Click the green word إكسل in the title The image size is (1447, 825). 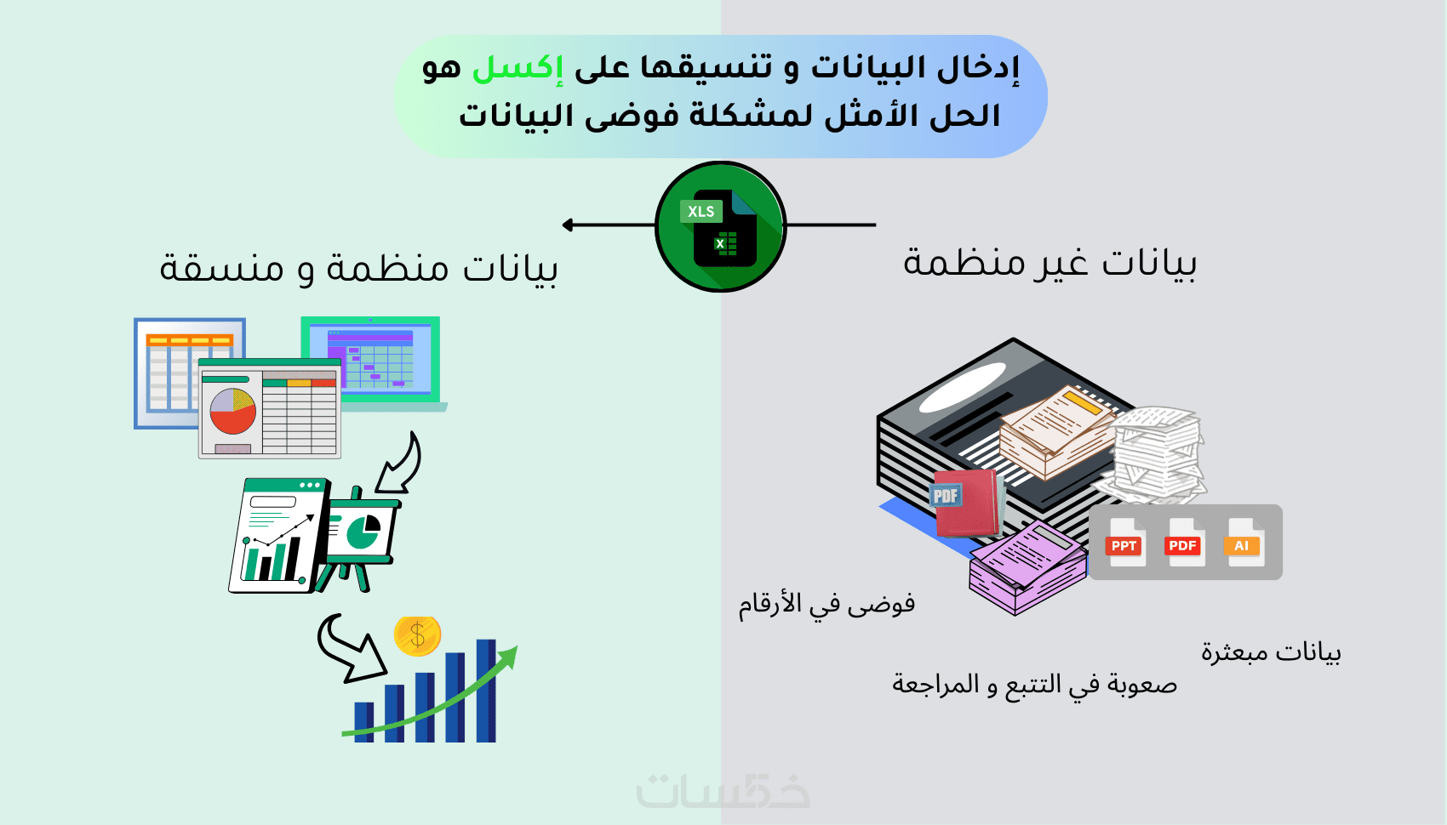(518, 68)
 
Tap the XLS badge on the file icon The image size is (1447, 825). (701, 212)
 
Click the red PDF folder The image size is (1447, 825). (966, 504)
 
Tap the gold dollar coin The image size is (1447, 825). (417, 636)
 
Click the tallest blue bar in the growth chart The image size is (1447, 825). (486, 691)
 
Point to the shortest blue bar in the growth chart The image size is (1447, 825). (364, 722)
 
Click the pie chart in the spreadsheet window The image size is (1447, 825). (232, 411)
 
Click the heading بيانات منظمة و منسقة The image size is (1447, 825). (358, 267)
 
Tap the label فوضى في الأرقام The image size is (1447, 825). (826, 604)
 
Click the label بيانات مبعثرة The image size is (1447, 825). (1271, 652)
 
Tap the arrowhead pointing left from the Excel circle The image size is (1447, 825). (567, 225)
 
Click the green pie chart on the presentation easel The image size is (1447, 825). (363, 530)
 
